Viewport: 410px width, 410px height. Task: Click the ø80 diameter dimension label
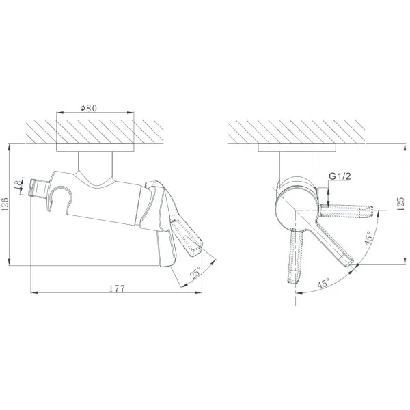point(89,108)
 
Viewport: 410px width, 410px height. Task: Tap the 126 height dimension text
point(5,204)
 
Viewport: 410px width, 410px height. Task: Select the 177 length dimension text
point(117,288)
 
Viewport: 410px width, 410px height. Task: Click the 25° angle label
point(195,272)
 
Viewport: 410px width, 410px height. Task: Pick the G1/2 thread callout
point(340,176)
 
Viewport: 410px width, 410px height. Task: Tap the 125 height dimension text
point(400,204)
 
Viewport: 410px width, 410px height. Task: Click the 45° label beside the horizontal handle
point(368,238)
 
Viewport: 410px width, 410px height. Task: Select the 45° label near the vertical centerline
point(324,283)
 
